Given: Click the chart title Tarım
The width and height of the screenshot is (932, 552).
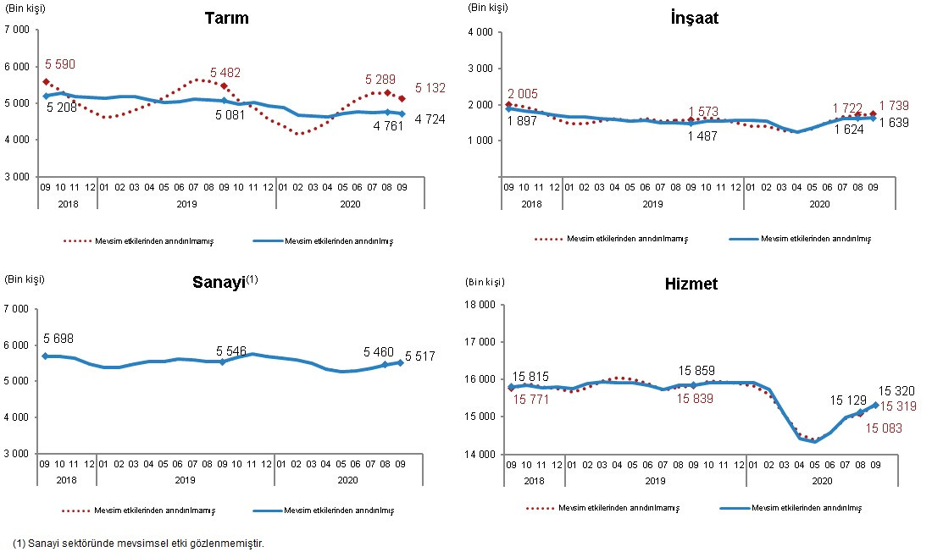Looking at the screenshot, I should [226, 18].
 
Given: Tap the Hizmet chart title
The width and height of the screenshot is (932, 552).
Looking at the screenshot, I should [691, 284].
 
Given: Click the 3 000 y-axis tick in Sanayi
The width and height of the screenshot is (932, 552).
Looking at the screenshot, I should [16, 454].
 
